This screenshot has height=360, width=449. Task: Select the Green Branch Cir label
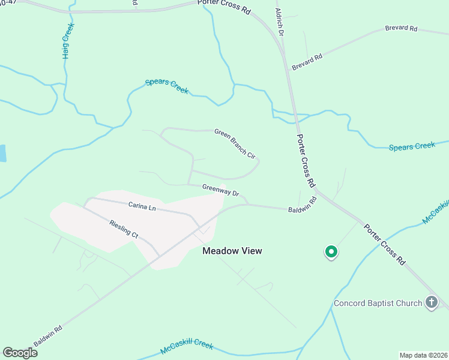(235, 143)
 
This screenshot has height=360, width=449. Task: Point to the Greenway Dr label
(221, 190)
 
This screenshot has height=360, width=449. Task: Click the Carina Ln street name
(142, 206)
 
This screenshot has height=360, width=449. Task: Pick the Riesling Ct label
(124, 229)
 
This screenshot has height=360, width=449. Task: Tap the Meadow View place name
(232, 251)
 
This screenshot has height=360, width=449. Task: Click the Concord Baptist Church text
(378, 303)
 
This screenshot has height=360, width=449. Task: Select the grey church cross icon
(431, 302)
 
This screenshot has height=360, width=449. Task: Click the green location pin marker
(330, 252)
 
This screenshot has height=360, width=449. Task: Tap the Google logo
(20, 352)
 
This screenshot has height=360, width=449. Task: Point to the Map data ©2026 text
(423, 355)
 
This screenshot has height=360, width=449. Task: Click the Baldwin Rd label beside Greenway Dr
(301, 206)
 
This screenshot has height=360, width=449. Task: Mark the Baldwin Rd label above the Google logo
(47, 336)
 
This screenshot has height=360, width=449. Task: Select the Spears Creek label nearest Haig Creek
(166, 86)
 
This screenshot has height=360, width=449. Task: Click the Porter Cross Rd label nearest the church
(384, 245)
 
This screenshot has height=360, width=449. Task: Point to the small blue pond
(2, 153)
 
